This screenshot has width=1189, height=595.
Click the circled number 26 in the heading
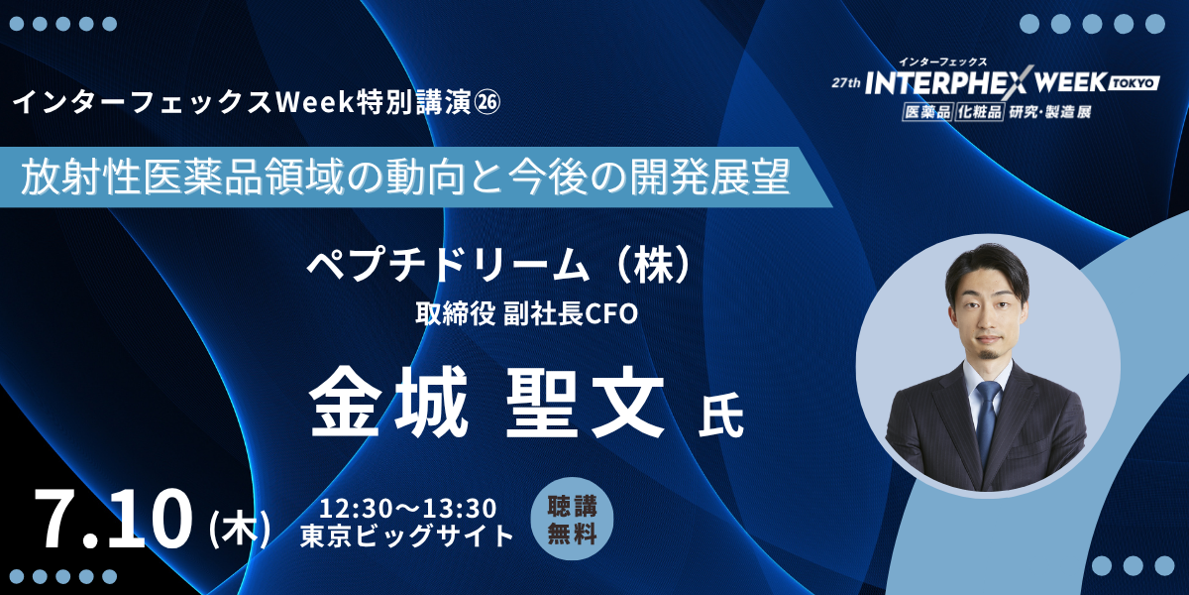click(486, 103)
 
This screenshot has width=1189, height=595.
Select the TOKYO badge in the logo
click(1134, 83)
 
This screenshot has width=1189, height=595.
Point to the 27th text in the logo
click(846, 82)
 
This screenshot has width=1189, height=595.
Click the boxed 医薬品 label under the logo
click(926, 112)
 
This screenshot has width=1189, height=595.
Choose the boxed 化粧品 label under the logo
click(979, 112)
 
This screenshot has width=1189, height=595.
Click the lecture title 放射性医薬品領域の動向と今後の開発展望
click(406, 177)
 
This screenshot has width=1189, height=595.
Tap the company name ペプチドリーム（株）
click(499, 265)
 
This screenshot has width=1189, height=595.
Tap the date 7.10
click(113, 518)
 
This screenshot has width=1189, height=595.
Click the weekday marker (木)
click(241, 528)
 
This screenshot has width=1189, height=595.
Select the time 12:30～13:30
click(407, 509)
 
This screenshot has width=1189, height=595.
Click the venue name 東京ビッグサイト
click(407, 535)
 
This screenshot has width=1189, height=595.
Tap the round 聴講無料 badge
click(573, 519)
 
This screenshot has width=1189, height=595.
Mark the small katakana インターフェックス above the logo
click(942, 62)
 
